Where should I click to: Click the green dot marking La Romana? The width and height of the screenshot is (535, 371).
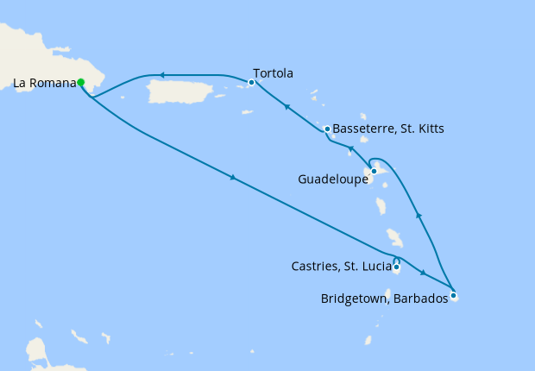point(80,83)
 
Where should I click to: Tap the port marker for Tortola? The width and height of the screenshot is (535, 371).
point(251,83)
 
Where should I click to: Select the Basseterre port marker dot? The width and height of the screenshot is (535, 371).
point(327,129)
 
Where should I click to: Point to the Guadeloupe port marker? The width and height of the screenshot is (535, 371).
point(374,171)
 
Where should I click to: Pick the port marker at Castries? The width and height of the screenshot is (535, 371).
point(396,267)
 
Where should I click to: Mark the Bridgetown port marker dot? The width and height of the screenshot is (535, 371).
point(453,295)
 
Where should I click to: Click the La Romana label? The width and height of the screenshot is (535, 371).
point(43,84)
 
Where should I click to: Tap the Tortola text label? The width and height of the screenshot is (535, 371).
point(274,73)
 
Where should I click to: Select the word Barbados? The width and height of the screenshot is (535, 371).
point(419,299)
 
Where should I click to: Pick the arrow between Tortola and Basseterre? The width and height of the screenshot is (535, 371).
point(286,107)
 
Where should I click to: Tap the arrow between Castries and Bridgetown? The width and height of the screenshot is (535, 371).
point(423,274)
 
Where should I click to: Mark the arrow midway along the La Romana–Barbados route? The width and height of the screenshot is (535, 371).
point(232,178)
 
